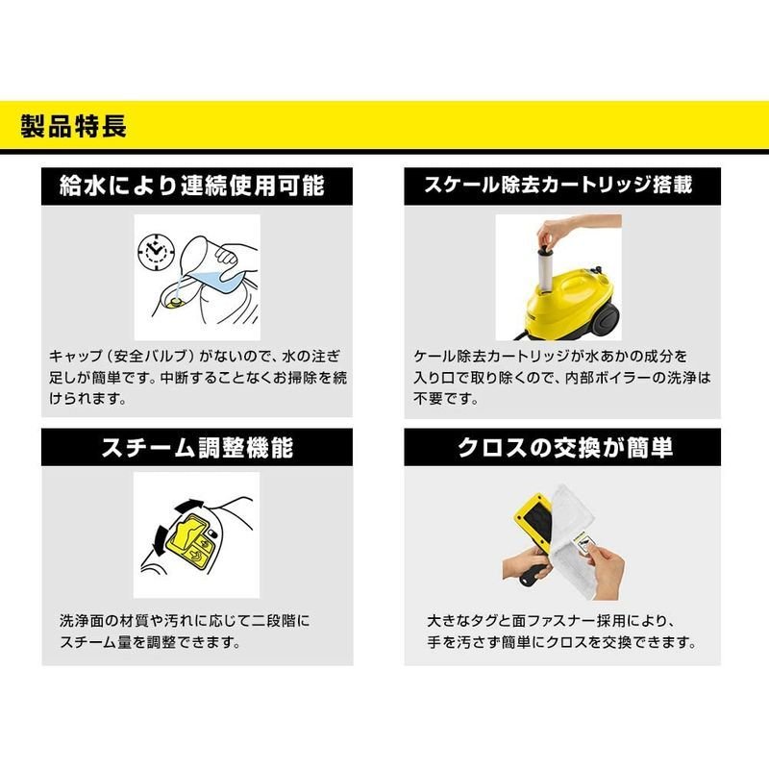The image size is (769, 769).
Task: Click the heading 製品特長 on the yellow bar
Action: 74,126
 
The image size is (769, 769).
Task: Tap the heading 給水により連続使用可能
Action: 191,186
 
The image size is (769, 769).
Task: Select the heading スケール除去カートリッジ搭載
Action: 558,185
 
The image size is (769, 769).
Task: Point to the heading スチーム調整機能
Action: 197,447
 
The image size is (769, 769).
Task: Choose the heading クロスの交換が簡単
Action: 564,447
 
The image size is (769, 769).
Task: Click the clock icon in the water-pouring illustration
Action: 156,252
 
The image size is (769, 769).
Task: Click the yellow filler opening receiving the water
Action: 174,303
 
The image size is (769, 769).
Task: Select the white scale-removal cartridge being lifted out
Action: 546,270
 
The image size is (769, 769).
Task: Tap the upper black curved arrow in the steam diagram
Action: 187,507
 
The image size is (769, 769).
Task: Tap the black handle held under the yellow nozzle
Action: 532,574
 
